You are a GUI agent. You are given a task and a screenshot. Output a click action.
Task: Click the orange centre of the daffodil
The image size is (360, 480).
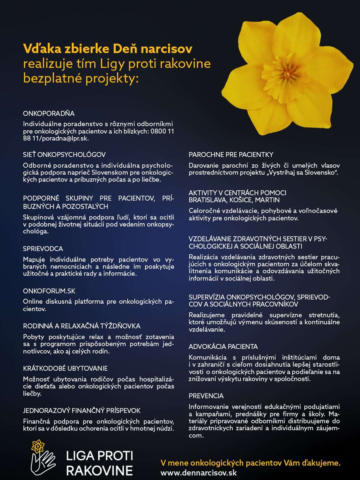pos(286,74)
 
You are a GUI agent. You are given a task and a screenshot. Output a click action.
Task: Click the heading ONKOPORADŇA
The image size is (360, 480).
pos(49,113)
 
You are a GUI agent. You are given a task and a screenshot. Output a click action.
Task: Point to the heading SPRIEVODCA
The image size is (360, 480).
pos(43,249)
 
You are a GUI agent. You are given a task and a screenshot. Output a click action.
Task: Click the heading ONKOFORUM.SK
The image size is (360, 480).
pos(49,291)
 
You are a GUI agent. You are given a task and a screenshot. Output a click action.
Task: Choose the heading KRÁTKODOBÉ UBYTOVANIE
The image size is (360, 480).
pos(65,368)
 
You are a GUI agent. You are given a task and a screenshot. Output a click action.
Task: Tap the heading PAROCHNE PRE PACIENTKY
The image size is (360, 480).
pos(231,154)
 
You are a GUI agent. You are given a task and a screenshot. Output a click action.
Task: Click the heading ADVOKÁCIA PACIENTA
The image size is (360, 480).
pos(223,347)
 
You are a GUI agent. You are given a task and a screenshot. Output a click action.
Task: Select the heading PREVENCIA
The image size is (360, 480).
pos(206,396)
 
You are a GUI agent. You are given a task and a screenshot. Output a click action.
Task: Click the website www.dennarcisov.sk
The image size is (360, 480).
pos(199,473)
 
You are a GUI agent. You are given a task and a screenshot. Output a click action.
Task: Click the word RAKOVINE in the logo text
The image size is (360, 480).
pos(100,471)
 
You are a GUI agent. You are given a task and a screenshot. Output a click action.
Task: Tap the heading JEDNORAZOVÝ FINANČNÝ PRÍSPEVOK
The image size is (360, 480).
pos(82,411)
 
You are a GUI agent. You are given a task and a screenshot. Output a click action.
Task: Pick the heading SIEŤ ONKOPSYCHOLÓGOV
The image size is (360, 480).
pos(64,154)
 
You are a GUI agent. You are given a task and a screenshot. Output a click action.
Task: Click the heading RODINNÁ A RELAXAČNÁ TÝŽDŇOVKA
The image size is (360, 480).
pos(82,326)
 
